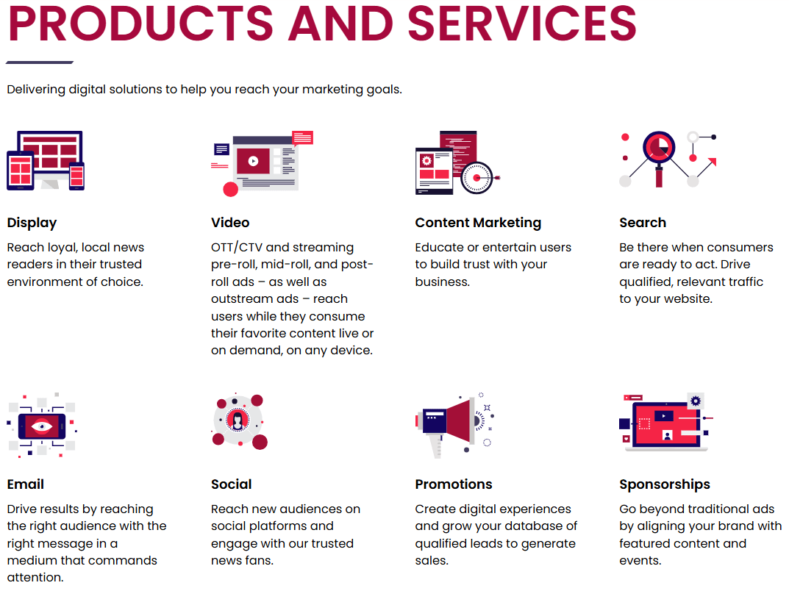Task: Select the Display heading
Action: [x=32, y=223]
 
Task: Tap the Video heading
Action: [x=230, y=223]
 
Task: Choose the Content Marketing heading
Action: [x=478, y=223]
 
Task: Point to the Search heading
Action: [x=643, y=223]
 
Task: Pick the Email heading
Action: [x=26, y=484]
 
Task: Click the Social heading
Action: [x=232, y=484]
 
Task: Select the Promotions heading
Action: [x=454, y=484]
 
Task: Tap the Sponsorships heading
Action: [x=665, y=484]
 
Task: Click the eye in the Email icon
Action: [x=42, y=425]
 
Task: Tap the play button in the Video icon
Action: [x=253, y=160]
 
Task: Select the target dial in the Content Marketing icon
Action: [x=477, y=177]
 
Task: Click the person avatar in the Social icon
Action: [x=238, y=420]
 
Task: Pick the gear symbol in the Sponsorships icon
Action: [x=696, y=401]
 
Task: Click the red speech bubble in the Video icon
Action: [x=302, y=137]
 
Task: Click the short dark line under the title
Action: [x=40, y=62]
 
